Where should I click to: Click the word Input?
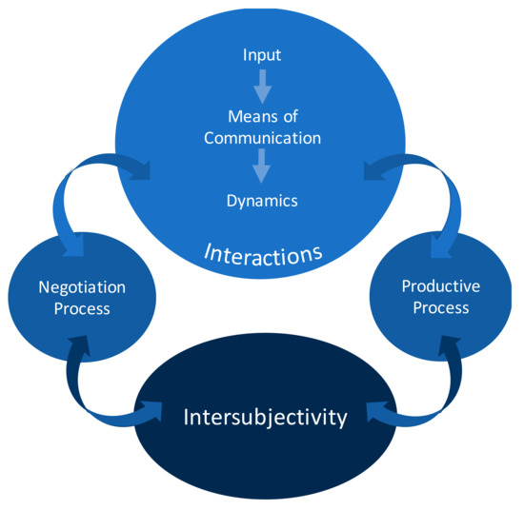pos(262,55)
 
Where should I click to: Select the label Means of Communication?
pos(262,127)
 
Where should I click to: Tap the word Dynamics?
pos(262,201)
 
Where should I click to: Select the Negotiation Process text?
pos(82,297)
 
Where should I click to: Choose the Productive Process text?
pos(440,296)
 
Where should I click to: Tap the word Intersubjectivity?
pos(264,417)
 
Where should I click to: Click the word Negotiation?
pos(82,286)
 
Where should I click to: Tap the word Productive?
pos(440,285)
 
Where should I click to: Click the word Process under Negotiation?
pos(82,308)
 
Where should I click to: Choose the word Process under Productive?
pos(440,307)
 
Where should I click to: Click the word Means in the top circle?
pos(249,117)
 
